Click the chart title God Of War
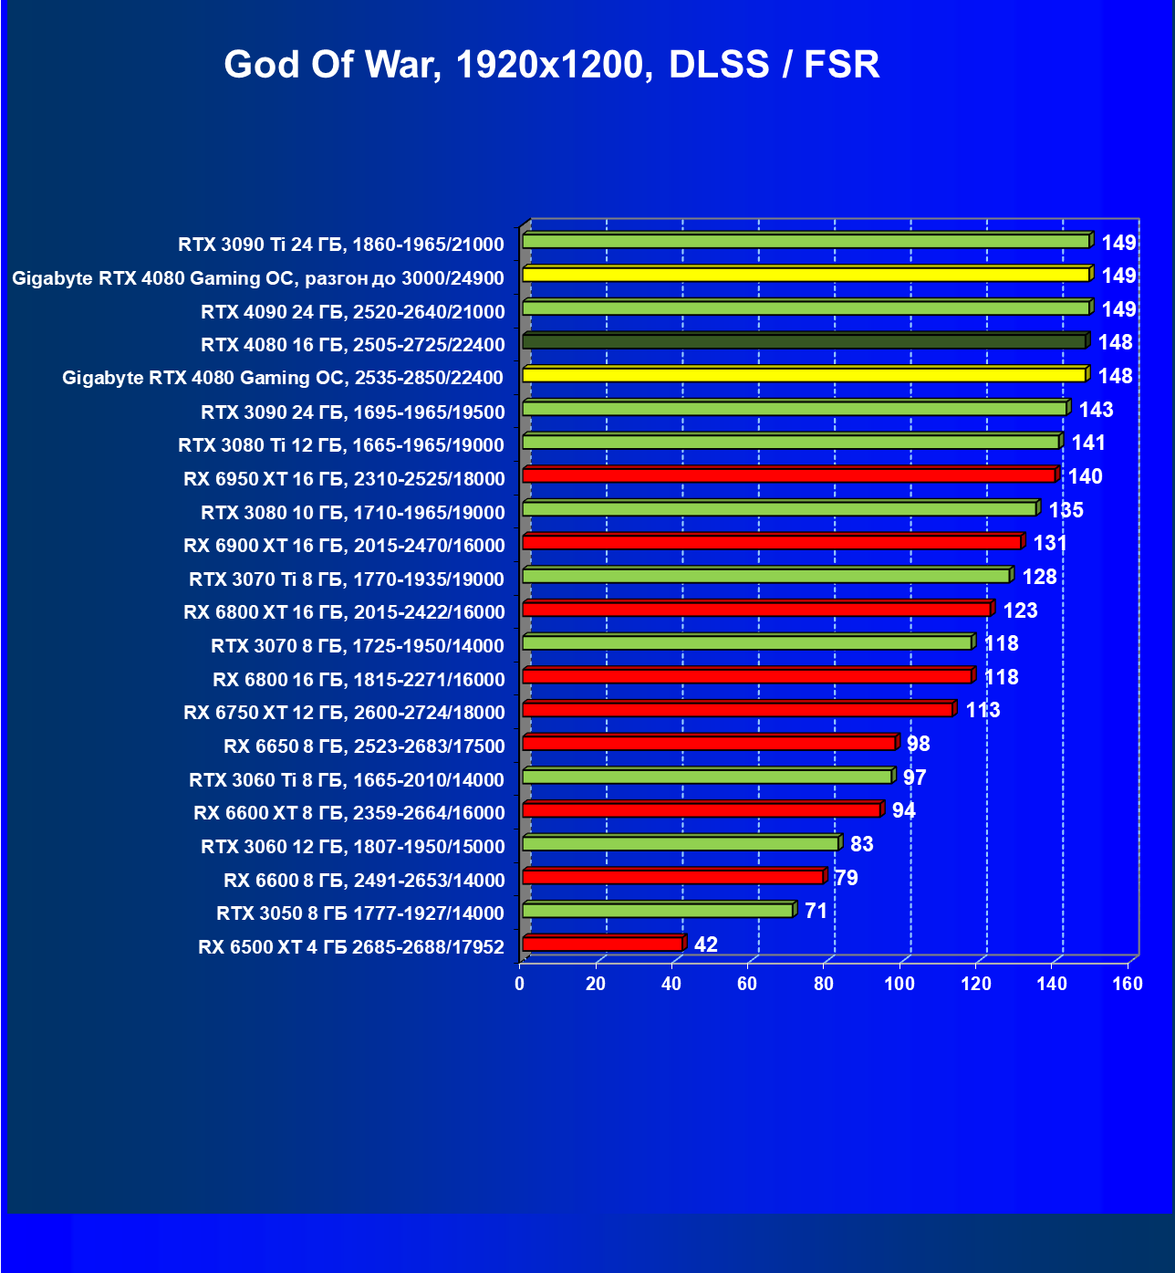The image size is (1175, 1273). point(551,65)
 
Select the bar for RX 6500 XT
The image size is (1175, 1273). point(603,944)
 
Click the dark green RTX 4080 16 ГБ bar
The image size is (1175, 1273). point(804,342)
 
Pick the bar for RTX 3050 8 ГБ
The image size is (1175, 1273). point(658,911)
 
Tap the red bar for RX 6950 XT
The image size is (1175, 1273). point(789,475)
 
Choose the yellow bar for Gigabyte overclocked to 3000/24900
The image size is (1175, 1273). point(806,275)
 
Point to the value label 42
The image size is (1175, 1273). point(706,944)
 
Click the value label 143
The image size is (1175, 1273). point(1096,410)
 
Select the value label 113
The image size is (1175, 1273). point(983,710)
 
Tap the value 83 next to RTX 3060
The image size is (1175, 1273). point(861,844)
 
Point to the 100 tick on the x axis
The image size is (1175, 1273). point(899,984)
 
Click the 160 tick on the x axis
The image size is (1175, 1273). point(1128,984)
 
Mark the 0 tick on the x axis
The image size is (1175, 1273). point(520,984)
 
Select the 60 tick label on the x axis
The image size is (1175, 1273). point(747,984)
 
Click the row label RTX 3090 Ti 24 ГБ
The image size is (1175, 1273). point(340,245)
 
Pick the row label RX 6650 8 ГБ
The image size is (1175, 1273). point(363,746)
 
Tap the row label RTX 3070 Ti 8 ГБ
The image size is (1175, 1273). point(346,579)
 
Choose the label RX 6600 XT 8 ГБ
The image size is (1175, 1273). point(348,813)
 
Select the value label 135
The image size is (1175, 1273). point(1066,510)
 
